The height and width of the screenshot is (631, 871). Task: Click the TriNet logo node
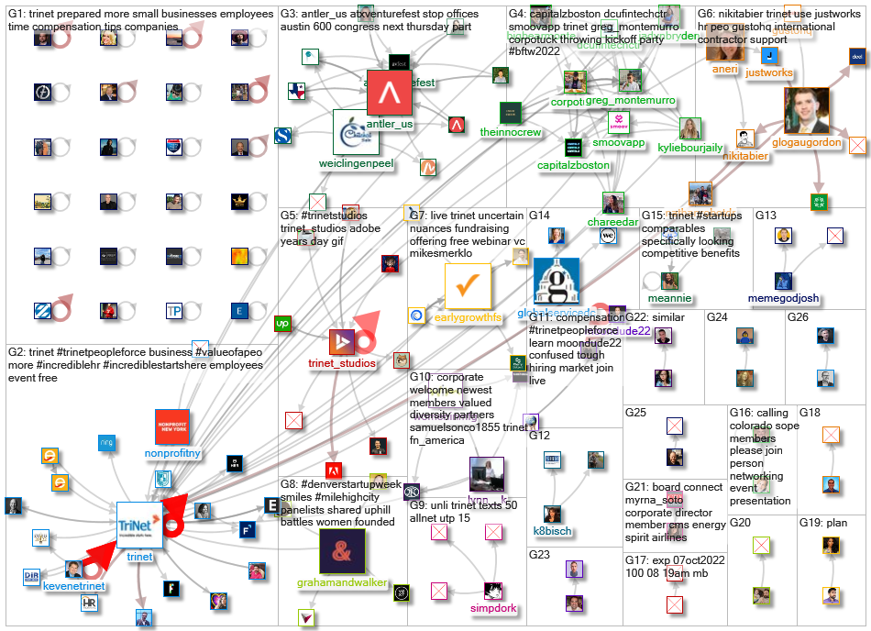[138, 525]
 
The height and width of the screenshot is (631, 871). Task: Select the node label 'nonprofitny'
[172, 453]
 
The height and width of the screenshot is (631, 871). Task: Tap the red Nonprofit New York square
[172, 426]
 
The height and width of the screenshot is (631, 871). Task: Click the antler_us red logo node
[389, 94]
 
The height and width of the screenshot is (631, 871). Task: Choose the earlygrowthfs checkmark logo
[468, 286]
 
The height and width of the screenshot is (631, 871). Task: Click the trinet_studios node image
[341, 341]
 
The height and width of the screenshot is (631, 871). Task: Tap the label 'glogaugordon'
[807, 142]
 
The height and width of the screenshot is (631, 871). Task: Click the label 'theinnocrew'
[511, 132]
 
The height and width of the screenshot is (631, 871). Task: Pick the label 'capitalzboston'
[573, 165]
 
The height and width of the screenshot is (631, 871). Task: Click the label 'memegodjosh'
[783, 299]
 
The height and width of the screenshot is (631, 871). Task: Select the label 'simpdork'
[492, 607]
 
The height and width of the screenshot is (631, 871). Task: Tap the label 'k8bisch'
[553, 530]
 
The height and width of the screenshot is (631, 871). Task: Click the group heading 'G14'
[539, 215]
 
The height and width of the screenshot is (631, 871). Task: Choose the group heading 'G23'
[539, 554]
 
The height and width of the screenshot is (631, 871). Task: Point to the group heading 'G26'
[798, 317]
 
